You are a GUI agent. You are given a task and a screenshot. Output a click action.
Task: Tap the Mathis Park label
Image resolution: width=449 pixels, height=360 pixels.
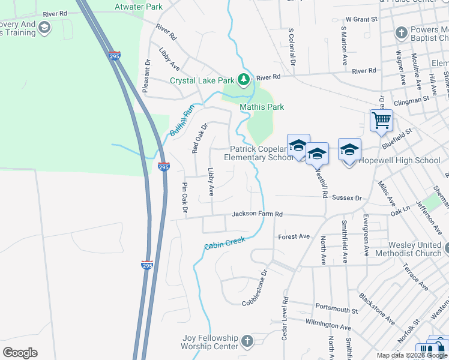click(x=262, y=107)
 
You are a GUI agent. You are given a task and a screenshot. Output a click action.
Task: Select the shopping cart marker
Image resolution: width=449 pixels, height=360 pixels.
click(x=382, y=121)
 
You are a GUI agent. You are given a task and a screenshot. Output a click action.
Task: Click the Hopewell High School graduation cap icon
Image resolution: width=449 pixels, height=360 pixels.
click(x=349, y=149)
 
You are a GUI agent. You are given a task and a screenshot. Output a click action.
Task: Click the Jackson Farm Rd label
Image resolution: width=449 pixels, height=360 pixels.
click(x=257, y=214)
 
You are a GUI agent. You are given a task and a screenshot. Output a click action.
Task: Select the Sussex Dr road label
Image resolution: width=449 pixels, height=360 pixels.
click(x=347, y=197)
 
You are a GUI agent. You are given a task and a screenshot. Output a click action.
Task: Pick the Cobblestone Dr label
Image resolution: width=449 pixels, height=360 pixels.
click(x=262, y=286)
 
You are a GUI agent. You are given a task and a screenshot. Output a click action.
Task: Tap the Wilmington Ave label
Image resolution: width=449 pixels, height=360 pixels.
click(x=328, y=327)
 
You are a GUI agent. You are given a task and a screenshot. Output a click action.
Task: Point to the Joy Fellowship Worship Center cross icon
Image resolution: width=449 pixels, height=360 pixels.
click(x=247, y=343)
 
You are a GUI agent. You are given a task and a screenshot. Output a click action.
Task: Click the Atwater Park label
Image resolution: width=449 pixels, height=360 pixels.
click(x=139, y=7)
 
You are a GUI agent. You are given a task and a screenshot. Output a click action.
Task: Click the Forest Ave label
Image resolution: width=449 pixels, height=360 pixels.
click(x=294, y=236)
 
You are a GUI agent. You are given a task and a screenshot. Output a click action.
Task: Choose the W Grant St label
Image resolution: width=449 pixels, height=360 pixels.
click(x=361, y=19)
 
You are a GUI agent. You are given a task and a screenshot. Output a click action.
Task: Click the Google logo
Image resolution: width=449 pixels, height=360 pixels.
click(x=20, y=353)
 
